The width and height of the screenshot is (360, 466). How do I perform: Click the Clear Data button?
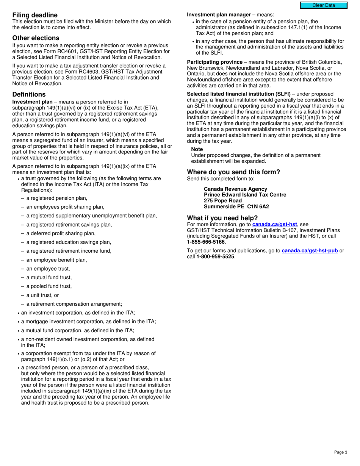[x=323, y=5]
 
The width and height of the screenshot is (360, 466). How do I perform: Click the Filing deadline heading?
[x=35, y=15]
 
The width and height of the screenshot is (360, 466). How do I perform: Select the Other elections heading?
[x=36, y=38]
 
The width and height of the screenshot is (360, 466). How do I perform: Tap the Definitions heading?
[x=29, y=94]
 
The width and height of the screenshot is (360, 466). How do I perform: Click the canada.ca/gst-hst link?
[x=274, y=224]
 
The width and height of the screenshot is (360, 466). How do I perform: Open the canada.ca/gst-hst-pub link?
[x=310, y=250]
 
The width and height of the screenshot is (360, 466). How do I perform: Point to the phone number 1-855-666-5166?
[x=206, y=242]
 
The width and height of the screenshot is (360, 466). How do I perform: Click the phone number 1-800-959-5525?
[x=215, y=256]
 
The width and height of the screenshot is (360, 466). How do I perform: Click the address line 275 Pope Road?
[x=222, y=201]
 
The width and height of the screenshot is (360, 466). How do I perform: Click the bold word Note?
[x=197, y=149]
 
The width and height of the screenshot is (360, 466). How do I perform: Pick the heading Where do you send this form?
[x=233, y=172]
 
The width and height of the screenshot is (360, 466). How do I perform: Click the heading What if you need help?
[x=222, y=218]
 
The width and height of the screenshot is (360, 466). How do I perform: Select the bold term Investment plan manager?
[x=219, y=15]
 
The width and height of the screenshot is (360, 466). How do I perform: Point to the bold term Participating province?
[x=214, y=62]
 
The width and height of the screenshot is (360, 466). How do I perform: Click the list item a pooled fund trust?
[x=49, y=286]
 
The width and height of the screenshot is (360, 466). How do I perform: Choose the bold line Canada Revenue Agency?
[x=235, y=189]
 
